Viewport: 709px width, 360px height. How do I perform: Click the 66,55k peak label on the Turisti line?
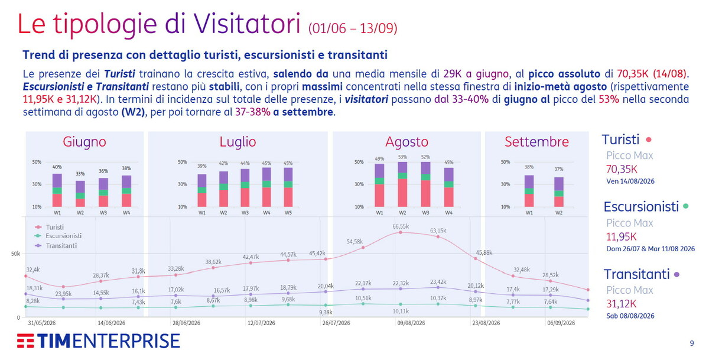coord(401,226)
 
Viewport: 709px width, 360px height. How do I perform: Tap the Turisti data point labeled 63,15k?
coord(438,236)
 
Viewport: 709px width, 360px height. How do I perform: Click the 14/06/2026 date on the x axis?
coord(111,323)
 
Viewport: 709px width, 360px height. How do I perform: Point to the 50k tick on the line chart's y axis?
coord(15,254)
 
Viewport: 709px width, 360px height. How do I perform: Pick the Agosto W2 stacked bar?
coord(402,184)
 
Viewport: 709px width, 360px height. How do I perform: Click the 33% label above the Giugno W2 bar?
coord(80,174)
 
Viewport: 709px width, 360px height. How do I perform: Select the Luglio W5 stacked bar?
coord(288,187)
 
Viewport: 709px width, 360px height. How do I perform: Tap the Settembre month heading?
coord(536,141)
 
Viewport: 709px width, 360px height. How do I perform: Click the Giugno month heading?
coord(84,141)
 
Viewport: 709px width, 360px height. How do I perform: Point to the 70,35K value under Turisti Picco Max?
coord(622,170)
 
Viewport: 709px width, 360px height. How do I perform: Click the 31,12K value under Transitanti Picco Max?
coord(621,304)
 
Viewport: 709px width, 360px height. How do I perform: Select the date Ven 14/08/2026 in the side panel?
coord(630,181)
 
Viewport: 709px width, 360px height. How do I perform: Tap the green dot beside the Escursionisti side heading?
coord(686,206)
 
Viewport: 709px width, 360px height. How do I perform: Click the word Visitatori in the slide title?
coord(246,24)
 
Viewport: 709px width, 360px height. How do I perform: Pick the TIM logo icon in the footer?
coord(25,340)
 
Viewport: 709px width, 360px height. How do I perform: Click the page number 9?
coord(692,343)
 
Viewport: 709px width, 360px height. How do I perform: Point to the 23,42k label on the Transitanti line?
coord(438,282)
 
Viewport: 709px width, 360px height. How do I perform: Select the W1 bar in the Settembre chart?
coord(529,191)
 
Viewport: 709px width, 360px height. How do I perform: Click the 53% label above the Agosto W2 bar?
coord(402,157)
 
